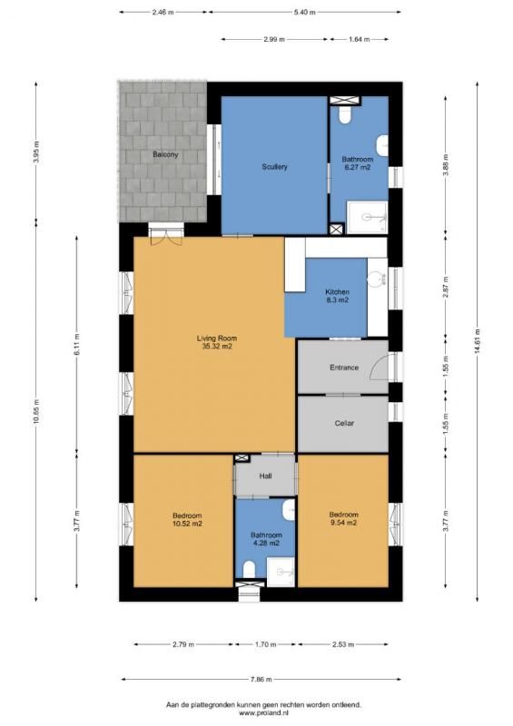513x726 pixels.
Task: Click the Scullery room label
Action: [x=274, y=167]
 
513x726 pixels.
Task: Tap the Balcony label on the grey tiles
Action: [x=165, y=154]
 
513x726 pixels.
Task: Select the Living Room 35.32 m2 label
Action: [x=217, y=342]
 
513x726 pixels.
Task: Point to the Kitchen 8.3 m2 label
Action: [x=337, y=296]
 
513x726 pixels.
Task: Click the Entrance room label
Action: [x=344, y=368]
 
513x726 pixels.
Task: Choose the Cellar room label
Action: [x=344, y=423]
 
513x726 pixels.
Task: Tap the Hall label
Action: [x=265, y=476]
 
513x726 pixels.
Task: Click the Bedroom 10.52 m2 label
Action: [x=187, y=519]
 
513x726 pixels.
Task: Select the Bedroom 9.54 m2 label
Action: [x=343, y=518]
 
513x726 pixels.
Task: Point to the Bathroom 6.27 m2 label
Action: [x=358, y=163]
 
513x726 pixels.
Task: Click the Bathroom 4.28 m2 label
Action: [x=266, y=539]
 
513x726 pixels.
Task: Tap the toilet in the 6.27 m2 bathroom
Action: [x=344, y=115]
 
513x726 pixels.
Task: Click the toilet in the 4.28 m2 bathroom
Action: [x=250, y=570]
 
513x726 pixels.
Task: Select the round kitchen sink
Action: [x=376, y=279]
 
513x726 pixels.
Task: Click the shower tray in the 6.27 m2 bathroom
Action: [x=367, y=217]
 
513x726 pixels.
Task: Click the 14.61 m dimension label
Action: [x=477, y=341]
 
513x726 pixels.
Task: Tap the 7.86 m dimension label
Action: [x=261, y=680]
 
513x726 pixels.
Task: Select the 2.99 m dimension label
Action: [x=274, y=39]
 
